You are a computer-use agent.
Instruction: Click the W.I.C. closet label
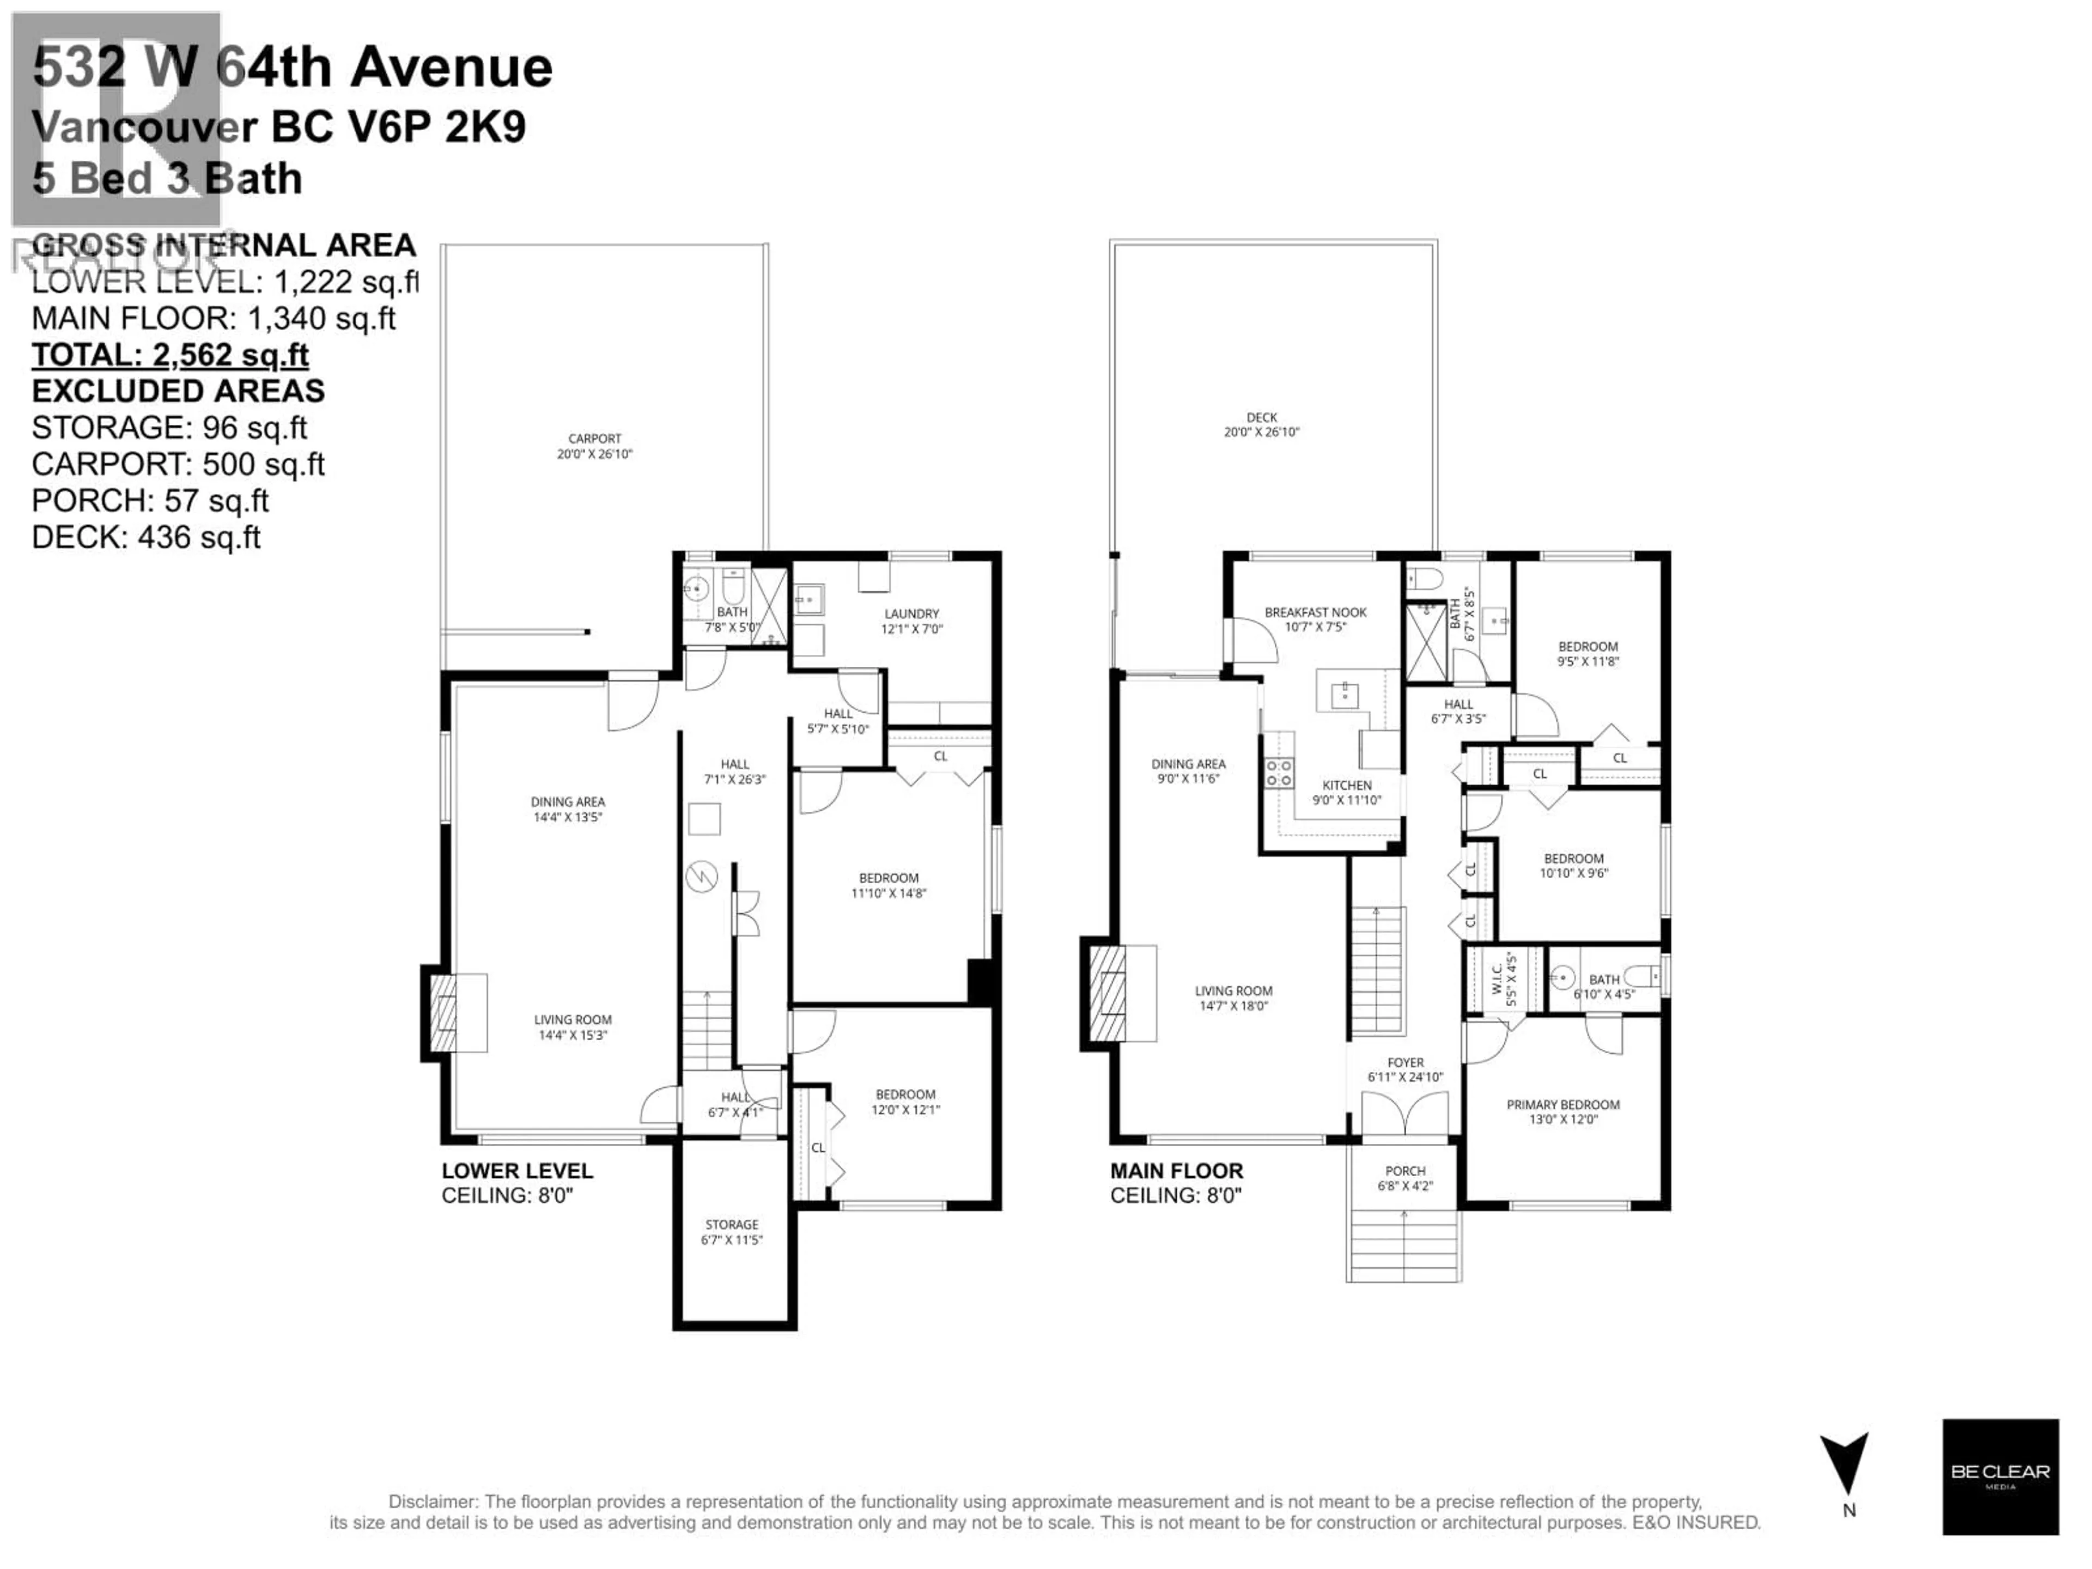click(1510, 980)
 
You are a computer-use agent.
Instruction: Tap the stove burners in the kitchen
click(1279, 773)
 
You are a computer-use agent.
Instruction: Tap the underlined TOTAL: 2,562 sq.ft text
click(170, 355)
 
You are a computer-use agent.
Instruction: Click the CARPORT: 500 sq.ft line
click(178, 464)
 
